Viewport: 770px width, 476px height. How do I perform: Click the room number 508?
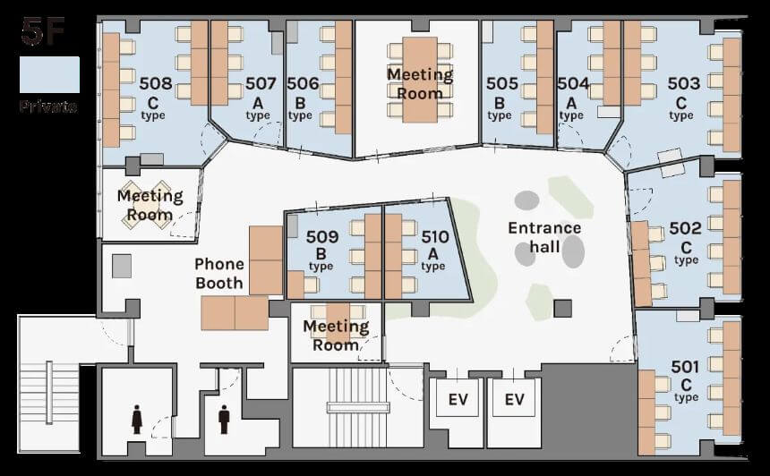[156, 83]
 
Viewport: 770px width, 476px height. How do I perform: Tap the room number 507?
[261, 83]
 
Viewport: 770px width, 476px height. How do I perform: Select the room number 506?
[303, 83]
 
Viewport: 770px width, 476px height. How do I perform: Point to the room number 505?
[502, 83]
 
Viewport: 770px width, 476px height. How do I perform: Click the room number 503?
[683, 83]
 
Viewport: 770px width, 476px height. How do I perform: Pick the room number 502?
[686, 228]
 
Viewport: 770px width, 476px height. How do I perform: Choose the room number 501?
[685, 367]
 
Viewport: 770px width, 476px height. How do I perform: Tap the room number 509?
[322, 237]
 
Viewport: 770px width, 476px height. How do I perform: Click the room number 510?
[435, 237]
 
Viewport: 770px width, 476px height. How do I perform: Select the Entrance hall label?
[544, 237]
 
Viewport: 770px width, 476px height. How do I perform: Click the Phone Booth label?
[219, 273]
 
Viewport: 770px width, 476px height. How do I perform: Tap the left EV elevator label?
[458, 399]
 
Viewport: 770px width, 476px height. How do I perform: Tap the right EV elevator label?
[515, 399]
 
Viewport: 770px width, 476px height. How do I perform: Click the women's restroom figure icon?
[137, 420]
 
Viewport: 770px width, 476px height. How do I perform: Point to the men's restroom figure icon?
[225, 420]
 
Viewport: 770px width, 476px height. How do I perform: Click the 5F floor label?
[43, 32]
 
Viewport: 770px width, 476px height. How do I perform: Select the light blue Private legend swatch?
[49, 74]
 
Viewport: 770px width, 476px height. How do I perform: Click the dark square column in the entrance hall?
[563, 309]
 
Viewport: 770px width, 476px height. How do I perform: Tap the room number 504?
[573, 83]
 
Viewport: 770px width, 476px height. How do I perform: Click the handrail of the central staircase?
[358, 407]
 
